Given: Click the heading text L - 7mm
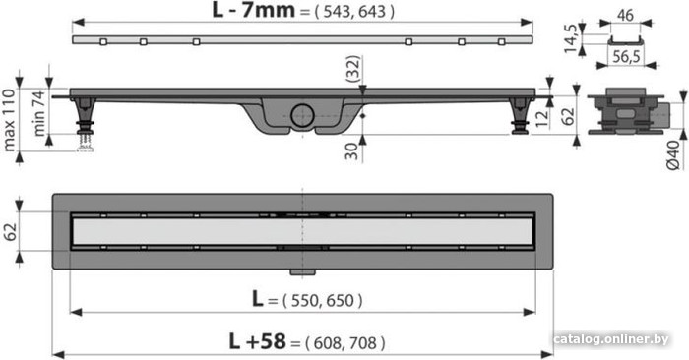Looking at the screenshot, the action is tap(253, 10).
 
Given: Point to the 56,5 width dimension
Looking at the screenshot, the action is tap(626, 57).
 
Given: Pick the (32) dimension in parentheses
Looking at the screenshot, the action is tap(352, 69).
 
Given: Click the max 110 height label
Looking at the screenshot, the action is tap(9, 120).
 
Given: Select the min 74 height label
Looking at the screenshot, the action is tap(39, 113).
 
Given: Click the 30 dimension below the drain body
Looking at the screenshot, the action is tap(352, 151).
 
